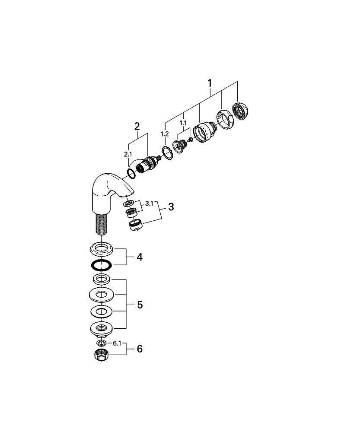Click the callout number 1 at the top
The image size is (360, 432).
point(210,83)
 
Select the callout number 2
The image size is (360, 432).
point(137,127)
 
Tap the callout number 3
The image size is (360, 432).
point(171,207)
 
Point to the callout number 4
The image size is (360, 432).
point(139,257)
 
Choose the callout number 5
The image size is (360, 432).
point(139,305)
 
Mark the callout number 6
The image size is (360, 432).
point(139,349)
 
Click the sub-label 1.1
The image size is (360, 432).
point(183,123)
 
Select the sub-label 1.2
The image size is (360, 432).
point(165,134)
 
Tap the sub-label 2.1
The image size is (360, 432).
point(128,153)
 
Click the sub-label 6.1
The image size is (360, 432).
point(117,343)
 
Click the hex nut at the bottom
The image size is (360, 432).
point(101,356)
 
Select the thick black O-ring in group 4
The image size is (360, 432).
point(102,264)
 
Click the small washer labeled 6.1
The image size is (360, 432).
point(101,343)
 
